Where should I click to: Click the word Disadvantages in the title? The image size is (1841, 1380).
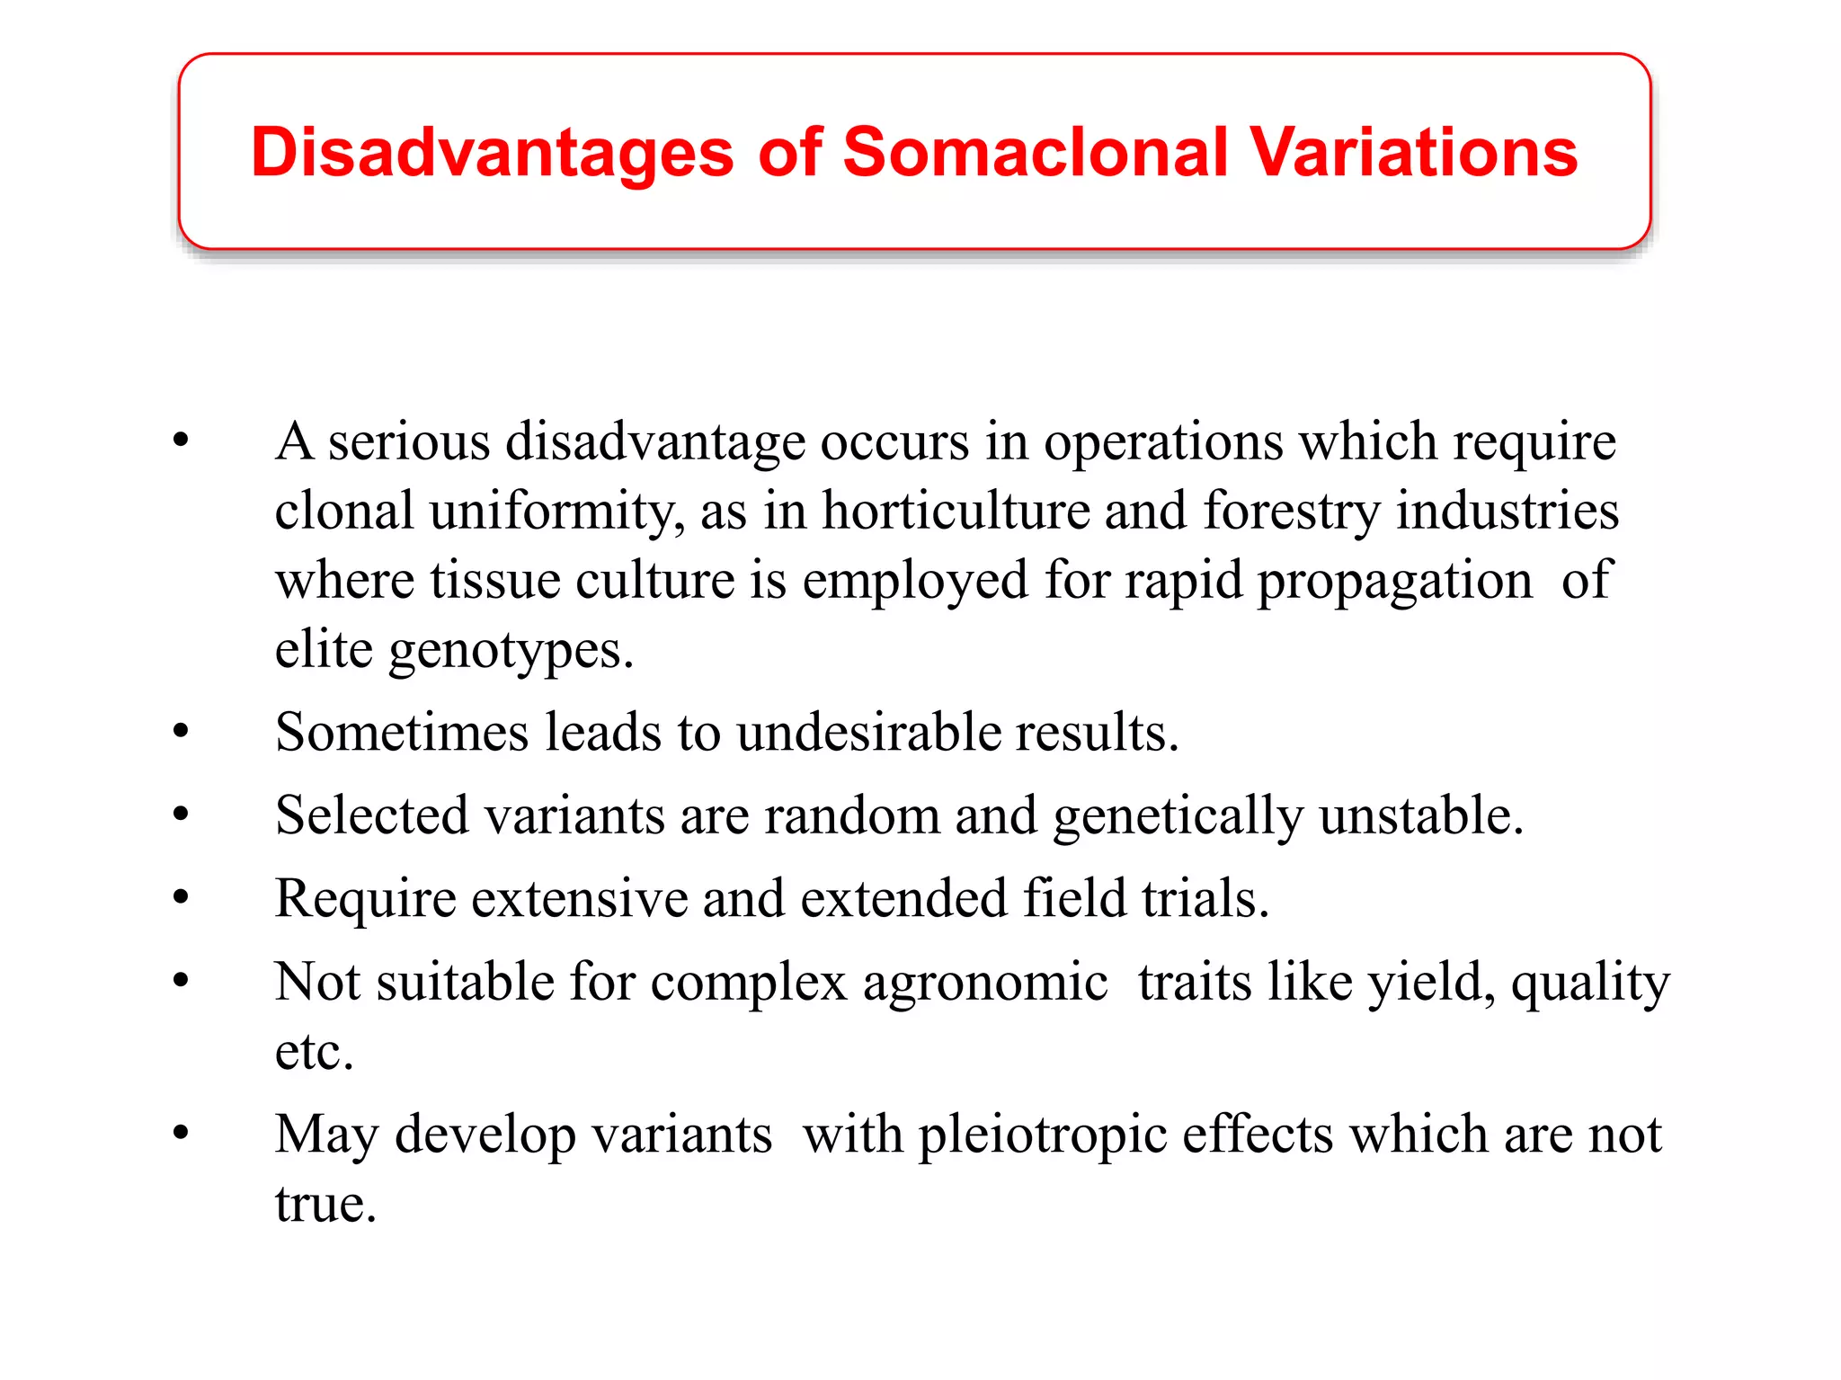492,152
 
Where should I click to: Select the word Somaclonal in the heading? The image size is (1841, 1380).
1035,152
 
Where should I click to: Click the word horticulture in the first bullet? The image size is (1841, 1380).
955,511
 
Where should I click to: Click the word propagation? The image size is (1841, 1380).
1394,581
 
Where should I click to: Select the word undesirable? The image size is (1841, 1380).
867,732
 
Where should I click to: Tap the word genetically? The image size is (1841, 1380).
1178,816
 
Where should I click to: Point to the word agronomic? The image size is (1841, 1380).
985,981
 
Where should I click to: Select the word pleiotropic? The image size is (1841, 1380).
1042,1135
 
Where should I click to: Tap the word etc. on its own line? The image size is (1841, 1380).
314,1051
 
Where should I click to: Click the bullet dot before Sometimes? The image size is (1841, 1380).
182,732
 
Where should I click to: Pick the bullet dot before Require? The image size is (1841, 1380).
182,898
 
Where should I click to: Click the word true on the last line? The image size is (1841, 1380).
325,1204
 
